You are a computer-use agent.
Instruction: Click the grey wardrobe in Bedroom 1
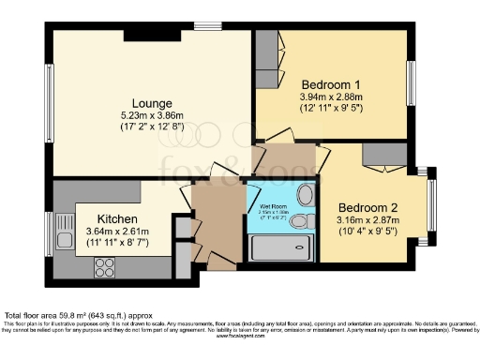point(267,60)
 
